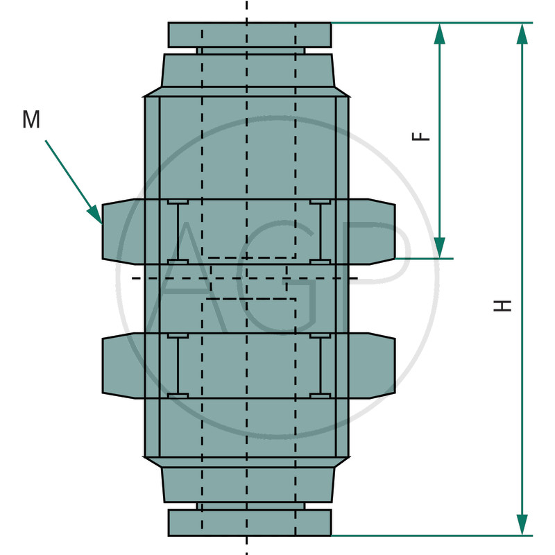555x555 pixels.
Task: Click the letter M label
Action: pos(31,119)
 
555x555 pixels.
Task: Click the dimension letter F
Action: pos(421,136)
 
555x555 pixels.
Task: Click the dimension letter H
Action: pos(503,305)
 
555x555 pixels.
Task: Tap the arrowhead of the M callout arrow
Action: pos(95,214)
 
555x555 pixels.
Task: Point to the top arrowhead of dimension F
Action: pos(440,33)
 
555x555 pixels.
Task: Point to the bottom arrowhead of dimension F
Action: pos(440,248)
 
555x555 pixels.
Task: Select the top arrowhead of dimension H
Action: pos(522,33)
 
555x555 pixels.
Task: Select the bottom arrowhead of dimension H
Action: pos(522,524)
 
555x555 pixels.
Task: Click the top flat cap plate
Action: pos(250,35)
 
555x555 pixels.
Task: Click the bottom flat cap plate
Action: pos(250,522)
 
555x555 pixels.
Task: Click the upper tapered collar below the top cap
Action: pos(248,71)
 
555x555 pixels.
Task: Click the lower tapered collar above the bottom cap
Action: pos(248,484)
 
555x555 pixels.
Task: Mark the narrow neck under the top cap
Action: pos(250,51)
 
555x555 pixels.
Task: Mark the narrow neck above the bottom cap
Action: pos(250,506)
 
